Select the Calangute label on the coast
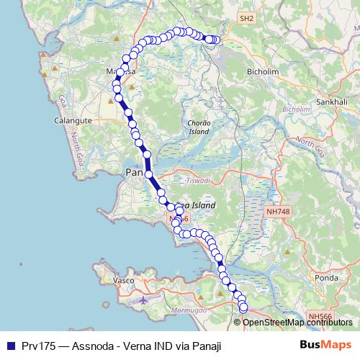(x=74, y=121)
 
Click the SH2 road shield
(x=247, y=17)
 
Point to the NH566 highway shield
(x=320, y=315)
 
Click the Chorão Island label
(x=199, y=127)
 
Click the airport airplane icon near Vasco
(x=144, y=299)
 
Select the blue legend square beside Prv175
(x=9, y=346)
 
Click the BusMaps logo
(x=325, y=345)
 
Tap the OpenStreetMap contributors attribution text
(x=298, y=322)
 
